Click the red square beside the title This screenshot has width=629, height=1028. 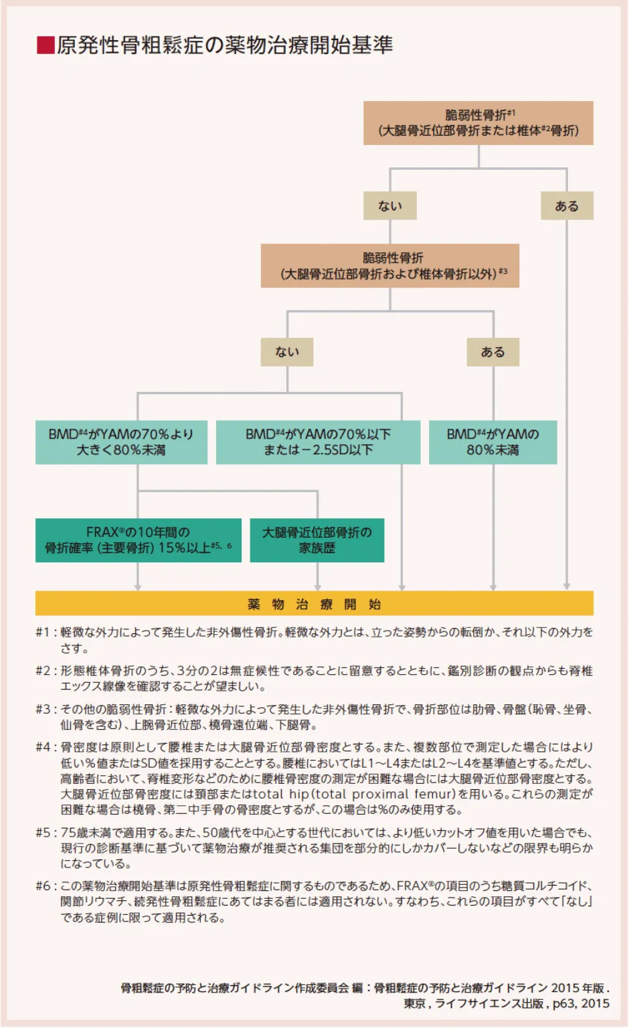coord(45,45)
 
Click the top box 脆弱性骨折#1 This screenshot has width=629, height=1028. coord(478,123)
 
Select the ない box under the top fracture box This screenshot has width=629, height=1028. coord(389,206)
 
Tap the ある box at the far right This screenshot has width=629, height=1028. coord(566,206)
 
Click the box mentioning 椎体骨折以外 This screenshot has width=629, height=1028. coord(389,266)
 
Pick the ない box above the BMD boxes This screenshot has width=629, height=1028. coord(286,352)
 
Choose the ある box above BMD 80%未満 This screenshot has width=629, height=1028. coord(493,352)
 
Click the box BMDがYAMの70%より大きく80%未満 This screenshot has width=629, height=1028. coord(121,442)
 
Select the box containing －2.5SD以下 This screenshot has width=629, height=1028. coord(318,442)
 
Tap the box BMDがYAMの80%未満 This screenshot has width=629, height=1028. coord(492,442)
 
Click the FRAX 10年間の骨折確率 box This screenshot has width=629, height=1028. coord(138,540)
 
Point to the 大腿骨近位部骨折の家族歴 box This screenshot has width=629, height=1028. coord(317,540)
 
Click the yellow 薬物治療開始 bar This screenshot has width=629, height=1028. coord(314,604)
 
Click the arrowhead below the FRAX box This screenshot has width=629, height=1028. coord(138,587)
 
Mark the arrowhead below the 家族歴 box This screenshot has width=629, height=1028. coord(317,587)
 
